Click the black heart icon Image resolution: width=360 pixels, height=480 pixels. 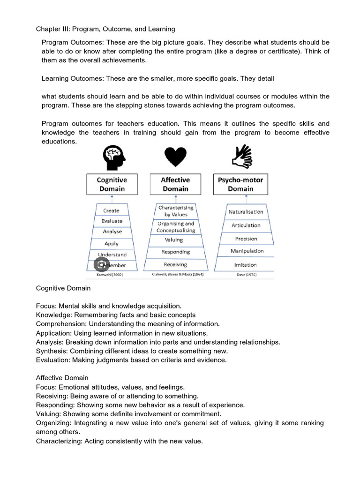[x=175, y=157]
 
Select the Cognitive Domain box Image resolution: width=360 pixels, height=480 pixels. [x=112, y=184]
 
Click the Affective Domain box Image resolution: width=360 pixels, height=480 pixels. [x=175, y=184]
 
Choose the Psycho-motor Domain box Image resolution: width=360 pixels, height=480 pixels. [x=240, y=184]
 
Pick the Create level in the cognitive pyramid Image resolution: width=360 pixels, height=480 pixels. [x=112, y=211]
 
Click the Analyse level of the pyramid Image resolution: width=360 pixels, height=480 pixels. [x=112, y=232]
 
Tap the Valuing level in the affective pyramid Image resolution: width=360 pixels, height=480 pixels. [x=174, y=240]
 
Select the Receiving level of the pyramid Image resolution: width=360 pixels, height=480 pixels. [x=175, y=265]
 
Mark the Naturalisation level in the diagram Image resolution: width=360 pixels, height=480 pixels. [x=246, y=212]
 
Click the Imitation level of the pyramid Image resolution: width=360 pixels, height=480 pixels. [x=246, y=265]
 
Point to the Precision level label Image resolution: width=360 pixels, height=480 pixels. [x=246, y=239]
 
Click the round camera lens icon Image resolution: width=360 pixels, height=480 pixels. [x=102, y=265]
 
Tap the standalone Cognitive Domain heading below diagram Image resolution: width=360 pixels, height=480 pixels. [x=63, y=288]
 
